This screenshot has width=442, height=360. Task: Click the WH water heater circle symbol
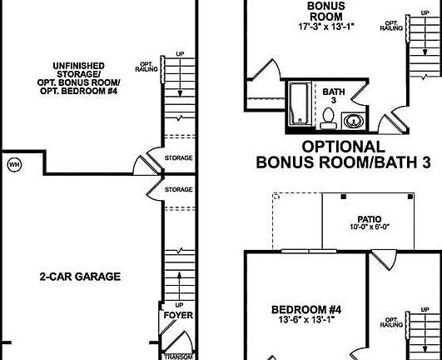14,163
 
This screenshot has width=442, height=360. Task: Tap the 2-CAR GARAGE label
80,277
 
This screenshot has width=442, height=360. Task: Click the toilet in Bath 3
329,122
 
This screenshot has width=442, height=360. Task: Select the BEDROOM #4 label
301,309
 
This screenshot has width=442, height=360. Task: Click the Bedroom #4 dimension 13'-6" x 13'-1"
301,320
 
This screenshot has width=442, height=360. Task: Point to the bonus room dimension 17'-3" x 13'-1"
302,25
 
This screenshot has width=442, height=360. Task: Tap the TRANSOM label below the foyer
178,356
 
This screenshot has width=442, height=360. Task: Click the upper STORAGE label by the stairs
178,157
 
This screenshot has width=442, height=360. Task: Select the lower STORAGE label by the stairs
178,190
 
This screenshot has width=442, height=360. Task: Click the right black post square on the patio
411,197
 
